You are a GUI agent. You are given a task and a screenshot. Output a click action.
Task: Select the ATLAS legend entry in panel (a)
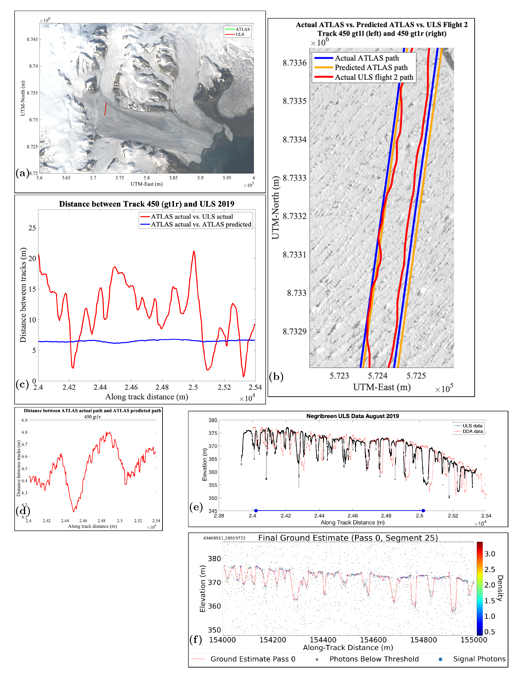[242, 29]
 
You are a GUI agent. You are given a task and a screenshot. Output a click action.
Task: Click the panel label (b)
[276, 377]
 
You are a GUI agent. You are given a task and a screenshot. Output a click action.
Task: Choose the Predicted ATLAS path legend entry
[371, 68]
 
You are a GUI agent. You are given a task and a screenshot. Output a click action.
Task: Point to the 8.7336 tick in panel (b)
[294, 63]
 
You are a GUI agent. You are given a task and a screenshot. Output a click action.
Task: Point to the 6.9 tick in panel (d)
[24, 420]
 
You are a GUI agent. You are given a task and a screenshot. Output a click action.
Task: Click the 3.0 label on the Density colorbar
[490, 554]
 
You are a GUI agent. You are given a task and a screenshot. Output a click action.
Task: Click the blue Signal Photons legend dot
[440, 659]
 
